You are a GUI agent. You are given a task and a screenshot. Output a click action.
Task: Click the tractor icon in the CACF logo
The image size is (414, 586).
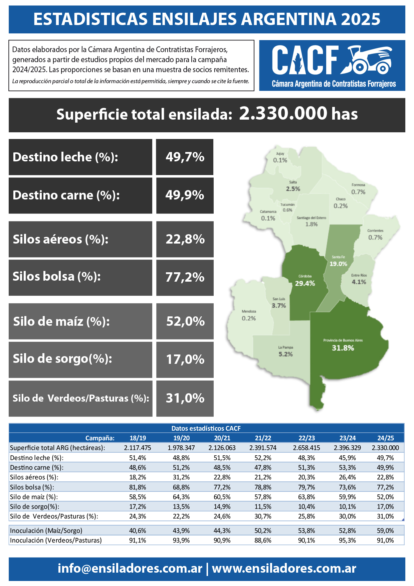pyautogui.click(x=367, y=60)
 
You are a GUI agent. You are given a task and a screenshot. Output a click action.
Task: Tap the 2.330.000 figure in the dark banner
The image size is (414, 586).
pyautogui.click(x=283, y=114)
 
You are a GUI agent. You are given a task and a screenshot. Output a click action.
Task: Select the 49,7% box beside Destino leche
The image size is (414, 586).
pyautogui.click(x=185, y=157)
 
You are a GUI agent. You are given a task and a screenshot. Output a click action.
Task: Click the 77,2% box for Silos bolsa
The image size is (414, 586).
pyautogui.click(x=185, y=277)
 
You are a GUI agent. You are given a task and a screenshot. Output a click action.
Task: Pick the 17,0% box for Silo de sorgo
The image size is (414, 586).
pyautogui.click(x=185, y=359)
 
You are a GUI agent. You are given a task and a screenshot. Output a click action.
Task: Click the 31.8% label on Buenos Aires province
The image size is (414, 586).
pyautogui.click(x=343, y=348)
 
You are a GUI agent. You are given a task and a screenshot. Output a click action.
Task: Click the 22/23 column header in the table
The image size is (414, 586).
pyautogui.click(x=306, y=438)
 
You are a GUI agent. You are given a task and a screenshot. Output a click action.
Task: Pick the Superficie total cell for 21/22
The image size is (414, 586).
pyautogui.click(x=263, y=448)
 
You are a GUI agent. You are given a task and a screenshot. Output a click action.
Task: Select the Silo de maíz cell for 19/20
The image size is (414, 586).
pyautogui.click(x=181, y=497)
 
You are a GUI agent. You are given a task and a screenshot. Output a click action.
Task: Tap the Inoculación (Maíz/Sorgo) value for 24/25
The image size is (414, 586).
pyautogui.click(x=385, y=531)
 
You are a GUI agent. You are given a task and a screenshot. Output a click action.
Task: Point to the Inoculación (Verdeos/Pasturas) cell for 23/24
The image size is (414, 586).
pyautogui.click(x=347, y=540)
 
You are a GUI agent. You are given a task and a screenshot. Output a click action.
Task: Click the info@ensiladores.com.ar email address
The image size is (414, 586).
pyautogui.click(x=130, y=568)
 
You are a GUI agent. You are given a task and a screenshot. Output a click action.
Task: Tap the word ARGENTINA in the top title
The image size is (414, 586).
pyautogui.click(x=289, y=19)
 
